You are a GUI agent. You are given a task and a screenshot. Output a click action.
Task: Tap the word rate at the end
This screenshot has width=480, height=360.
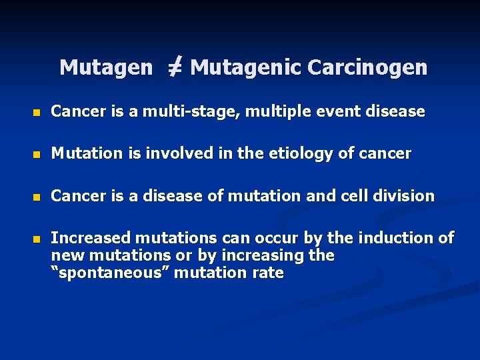pyautogui.click(x=269, y=273)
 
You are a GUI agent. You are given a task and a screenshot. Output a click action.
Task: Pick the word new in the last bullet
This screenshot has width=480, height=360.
pyautogui.click(x=67, y=256)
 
